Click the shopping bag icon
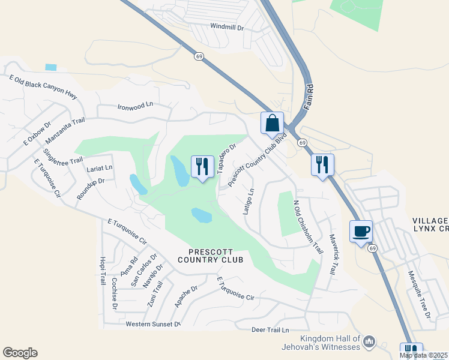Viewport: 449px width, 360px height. [x=272, y=123]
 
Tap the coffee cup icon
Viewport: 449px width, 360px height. [x=361, y=231]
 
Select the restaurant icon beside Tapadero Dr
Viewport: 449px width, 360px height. [x=202, y=166]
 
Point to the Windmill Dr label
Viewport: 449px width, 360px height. [x=228, y=27]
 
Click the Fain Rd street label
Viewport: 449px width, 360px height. [x=310, y=97]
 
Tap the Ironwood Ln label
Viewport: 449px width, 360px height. [x=135, y=106]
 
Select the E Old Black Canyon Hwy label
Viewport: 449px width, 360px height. [x=44, y=86]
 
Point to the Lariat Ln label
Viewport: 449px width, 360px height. [x=99, y=169]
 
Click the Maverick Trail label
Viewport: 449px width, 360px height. [x=331, y=254]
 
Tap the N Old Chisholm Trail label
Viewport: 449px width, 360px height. [x=304, y=226]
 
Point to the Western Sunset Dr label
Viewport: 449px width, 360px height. [x=153, y=324]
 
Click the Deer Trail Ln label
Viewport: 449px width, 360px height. [x=270, y=330]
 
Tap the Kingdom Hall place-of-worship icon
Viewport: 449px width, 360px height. [x=369, y=342]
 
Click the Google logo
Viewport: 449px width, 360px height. [x=20, y=353]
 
